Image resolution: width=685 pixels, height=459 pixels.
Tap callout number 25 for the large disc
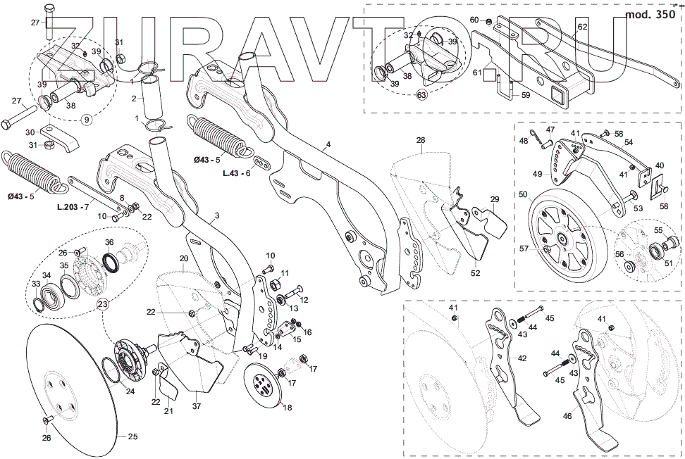[x=133, y=436]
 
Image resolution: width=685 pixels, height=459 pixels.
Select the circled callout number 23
[x=103, y=304]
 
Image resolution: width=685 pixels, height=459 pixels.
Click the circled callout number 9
[x=87, y=119]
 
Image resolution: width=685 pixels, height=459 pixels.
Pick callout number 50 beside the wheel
[x=522, y=194]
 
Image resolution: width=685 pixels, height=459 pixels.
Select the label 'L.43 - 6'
[x=237, y=172]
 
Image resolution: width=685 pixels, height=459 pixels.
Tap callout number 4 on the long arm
[x=327, y=147]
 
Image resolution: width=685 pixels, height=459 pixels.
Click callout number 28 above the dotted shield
[x=421, y=141]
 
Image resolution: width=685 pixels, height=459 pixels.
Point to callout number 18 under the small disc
[x=286, y=407]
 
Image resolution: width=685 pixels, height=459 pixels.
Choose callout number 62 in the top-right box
[x=582, y=27]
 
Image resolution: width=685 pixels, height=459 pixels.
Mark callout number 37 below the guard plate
[x=197, y=407]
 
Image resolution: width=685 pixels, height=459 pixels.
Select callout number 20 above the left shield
[x=183, y=259]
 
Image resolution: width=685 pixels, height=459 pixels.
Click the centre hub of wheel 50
[x=564, y=238]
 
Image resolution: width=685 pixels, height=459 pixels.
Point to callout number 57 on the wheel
[x=524, y=249]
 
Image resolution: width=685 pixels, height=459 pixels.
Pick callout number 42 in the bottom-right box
[x=522, y=358]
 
